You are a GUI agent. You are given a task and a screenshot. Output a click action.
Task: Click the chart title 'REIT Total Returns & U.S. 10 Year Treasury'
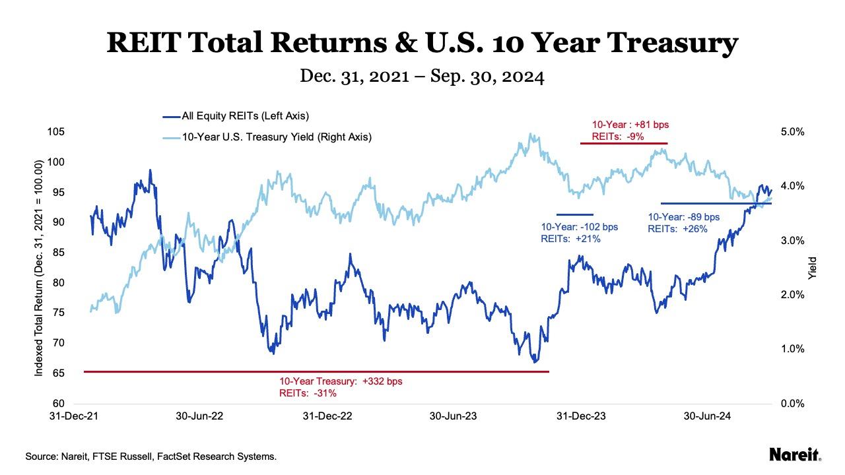pyautogui.click(x=422, y=44)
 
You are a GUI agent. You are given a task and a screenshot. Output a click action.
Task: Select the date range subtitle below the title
pyautogui.click(x=422, y=77)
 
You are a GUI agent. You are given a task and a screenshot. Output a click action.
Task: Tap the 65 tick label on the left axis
pyautogui.click(x=57, y=373)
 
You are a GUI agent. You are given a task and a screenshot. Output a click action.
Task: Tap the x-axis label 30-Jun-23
pyautogui.click(x=454, y=416)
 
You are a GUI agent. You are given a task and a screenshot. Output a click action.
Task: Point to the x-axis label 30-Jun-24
pyautogui.click(x=706, y=416)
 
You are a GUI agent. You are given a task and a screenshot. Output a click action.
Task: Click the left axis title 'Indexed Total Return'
pyautogui.click(x=40, y=267)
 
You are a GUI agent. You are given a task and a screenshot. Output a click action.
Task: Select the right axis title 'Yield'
pyautogui.click(x=813, y=267)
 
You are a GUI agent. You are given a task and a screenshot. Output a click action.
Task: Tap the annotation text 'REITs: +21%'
pyautogui.click(x=570, y=239)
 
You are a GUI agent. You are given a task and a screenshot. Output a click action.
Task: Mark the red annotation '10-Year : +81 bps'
pyautogui.click(x=624, y=125)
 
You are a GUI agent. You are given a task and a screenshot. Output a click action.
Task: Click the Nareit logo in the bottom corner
pyautogui.click(x=795, y=455)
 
